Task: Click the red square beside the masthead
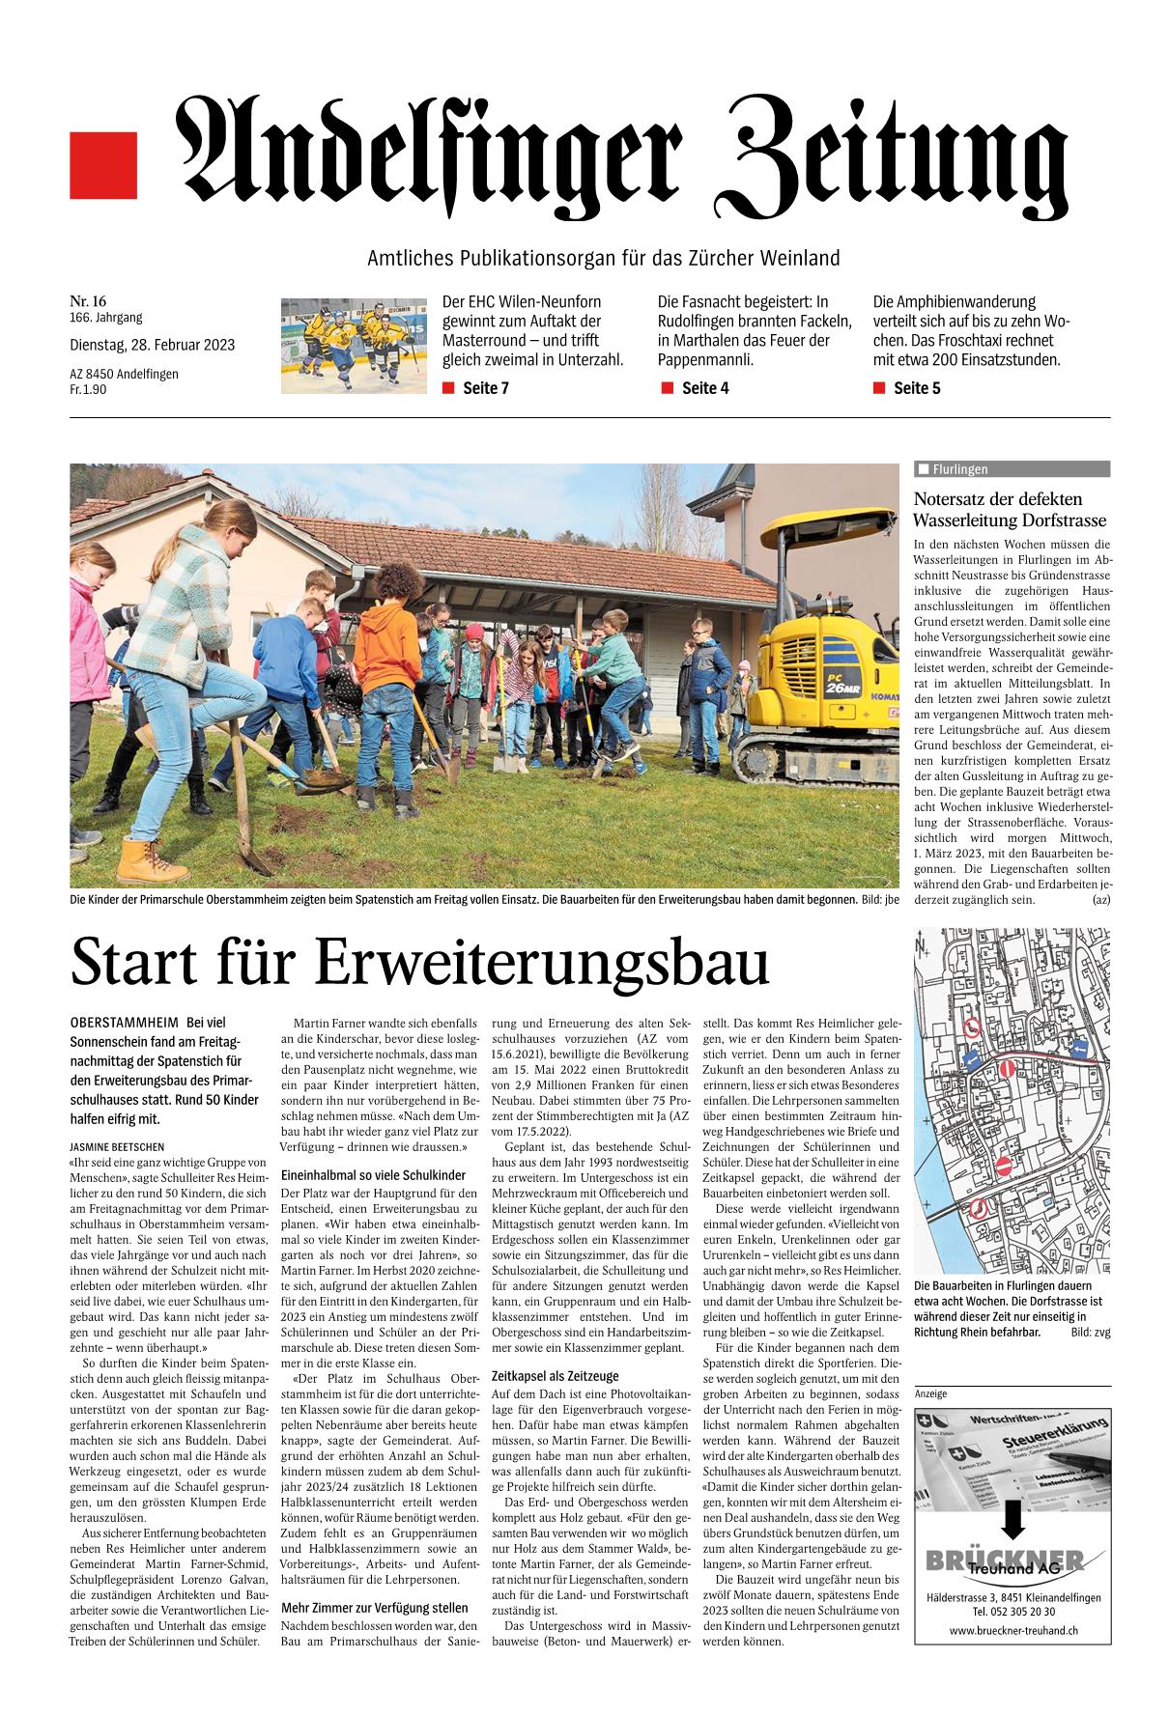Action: click(x=103, y=166)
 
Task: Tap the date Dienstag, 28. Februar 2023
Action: click(x=152, y=345)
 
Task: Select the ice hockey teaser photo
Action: click(x=353, y=345)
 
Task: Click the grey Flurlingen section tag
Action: click(x=1012, y=469)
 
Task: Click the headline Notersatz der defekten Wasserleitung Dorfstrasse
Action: click(x=1010, y=509)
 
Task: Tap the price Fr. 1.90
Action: click(x=89, y=389)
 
